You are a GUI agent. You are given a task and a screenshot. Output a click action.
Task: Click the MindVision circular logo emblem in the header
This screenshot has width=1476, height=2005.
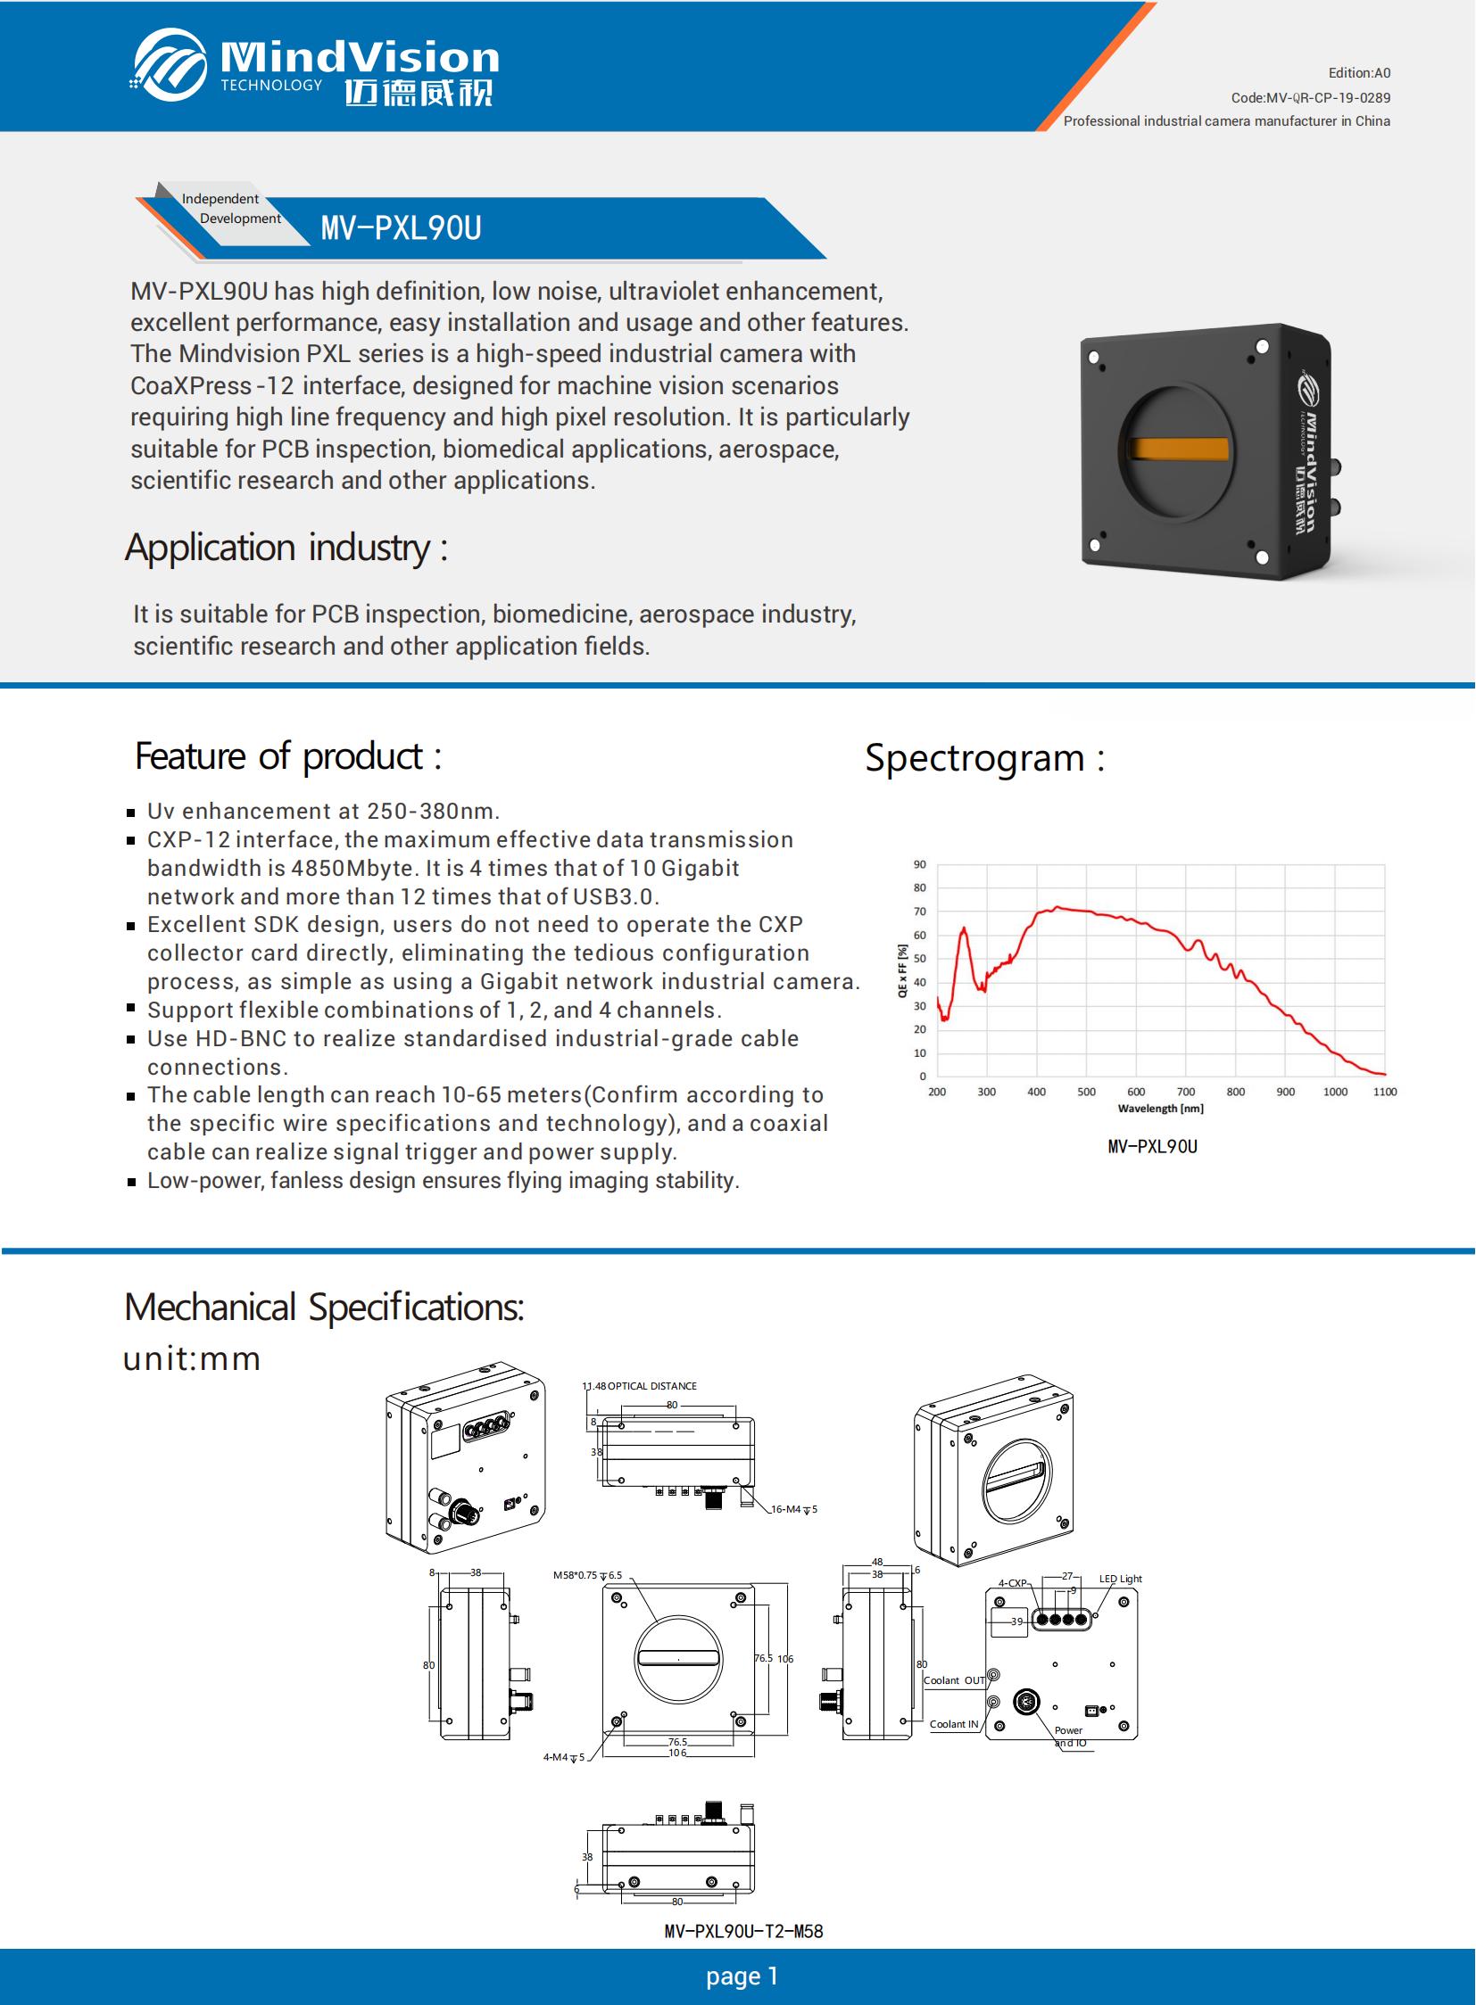tap(170, 64)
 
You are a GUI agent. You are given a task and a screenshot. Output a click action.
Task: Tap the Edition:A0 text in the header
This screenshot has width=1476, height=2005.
tap(1359, 73)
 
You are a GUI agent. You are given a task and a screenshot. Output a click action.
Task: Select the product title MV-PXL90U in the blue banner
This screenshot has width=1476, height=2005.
tap(402, 228)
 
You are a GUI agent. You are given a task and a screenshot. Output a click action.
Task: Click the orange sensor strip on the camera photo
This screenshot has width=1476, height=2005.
tap(1179, 449)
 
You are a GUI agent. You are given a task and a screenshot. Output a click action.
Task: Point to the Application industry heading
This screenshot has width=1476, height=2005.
tap(286, 548)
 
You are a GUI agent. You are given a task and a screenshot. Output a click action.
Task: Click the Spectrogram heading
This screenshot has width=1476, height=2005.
tap(984, 758)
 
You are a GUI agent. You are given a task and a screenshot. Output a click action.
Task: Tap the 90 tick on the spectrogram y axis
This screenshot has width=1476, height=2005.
tap(919, 864)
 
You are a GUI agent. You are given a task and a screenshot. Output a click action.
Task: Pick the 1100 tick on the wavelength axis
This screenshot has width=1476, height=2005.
tap(1384, 1092)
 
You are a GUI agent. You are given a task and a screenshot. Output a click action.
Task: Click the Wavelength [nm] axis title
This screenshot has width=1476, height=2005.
tap(1160, 1109)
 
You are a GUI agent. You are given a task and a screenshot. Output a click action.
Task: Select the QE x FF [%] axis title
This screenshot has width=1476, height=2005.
tap(902, 970)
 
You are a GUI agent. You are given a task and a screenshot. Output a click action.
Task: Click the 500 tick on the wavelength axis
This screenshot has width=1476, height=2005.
tap(1085, 1092)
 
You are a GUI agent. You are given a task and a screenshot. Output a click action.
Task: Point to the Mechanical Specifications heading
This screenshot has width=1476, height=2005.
tap(323, 1308)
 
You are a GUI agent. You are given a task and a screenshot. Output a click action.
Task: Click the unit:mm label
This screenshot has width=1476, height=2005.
tap(191, 1358)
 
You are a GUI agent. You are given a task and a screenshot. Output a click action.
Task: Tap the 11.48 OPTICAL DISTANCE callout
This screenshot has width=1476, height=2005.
tap(640, 1386)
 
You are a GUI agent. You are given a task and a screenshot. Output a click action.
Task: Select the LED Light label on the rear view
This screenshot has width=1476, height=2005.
tap(1120, 1578)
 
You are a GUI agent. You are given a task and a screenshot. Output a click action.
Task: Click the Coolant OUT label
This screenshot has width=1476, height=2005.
tap(953, 1680)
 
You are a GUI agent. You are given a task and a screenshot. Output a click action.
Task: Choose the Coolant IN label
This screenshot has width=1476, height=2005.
tap(953, 1724)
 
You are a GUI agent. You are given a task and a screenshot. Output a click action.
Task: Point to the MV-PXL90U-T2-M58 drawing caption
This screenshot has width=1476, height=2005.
tap(743, 1931)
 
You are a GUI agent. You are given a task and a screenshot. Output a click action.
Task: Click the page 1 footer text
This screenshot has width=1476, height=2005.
tap(742, 1976)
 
